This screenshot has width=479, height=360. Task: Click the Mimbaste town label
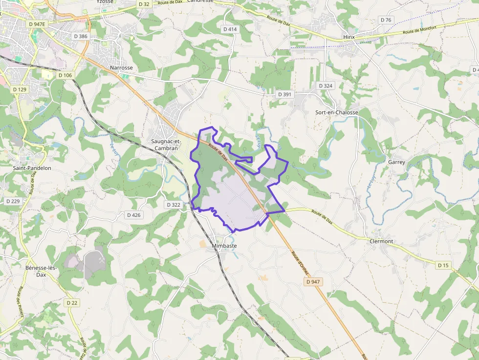point(224,246)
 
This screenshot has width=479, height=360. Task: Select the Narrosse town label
point(121,68)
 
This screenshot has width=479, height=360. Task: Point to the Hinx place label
point(349,37)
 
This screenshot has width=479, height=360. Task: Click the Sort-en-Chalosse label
point(337,112)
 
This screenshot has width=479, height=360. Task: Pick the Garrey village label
point(396,162)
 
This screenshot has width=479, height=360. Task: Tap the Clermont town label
point(381,241)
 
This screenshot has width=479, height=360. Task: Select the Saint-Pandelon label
point(32,168)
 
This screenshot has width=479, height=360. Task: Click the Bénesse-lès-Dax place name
point(42,271)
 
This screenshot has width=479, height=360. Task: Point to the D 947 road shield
point(313,282)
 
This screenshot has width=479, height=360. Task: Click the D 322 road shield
point(174,205)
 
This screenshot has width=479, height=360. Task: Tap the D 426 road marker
point(133,215)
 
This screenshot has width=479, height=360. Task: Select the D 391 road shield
point(284,94)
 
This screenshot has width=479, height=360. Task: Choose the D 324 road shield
point(326,86)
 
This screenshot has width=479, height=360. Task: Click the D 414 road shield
point(230,29)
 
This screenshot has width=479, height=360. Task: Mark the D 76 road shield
point(386,20)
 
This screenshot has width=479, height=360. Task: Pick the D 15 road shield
point(443,265)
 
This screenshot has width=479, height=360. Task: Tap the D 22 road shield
point(72,303)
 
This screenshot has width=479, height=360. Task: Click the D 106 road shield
point(65,75)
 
